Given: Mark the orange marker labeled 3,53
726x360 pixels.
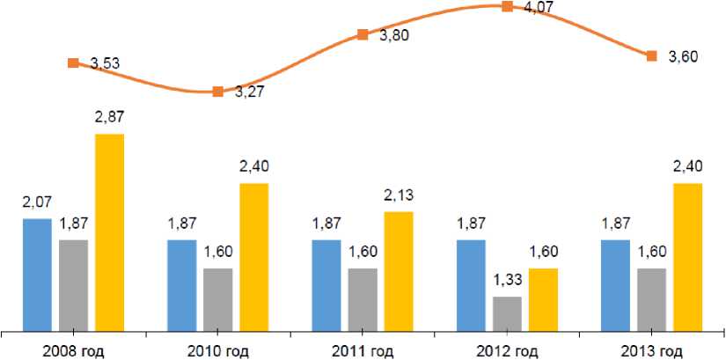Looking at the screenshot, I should (x=73, y=62).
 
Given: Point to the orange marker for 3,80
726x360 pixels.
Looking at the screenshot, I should (x=363, y=35).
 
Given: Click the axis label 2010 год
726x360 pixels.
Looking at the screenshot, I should (x=218, y=351).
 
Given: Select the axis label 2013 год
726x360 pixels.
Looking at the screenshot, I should (x=652, y=351).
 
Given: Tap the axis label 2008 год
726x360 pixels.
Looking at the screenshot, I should (x=73, y=351).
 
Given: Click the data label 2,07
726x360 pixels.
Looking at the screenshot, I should (x=38, y=203).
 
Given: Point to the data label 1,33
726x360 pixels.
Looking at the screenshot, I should (x=508, y=280).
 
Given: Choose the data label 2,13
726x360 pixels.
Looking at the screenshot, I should (x=399, y=195).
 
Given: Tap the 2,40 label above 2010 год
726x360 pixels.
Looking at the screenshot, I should (x=253, y=167).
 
